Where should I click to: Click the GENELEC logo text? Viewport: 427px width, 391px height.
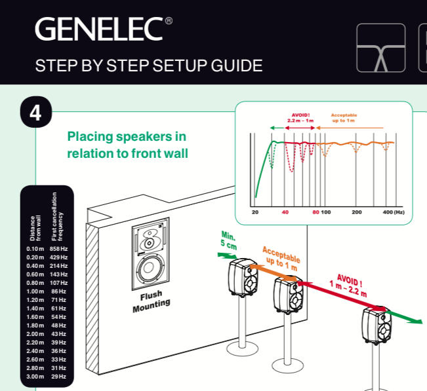[x=98, y=29]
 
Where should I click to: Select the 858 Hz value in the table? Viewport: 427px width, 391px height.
[x=59, y=248]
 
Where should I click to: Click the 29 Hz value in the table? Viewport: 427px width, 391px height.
[x=59, y=376]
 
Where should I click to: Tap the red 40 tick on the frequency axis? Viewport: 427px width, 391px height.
[x=285, y=212]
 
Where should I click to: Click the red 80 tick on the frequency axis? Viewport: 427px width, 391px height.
[x=315, y=212]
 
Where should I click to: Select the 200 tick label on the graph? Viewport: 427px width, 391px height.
[x=356, y=212]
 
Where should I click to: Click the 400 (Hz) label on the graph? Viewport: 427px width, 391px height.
[x=394, y=212]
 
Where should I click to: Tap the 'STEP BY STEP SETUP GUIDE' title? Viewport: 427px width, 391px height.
[x=149, y=65]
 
